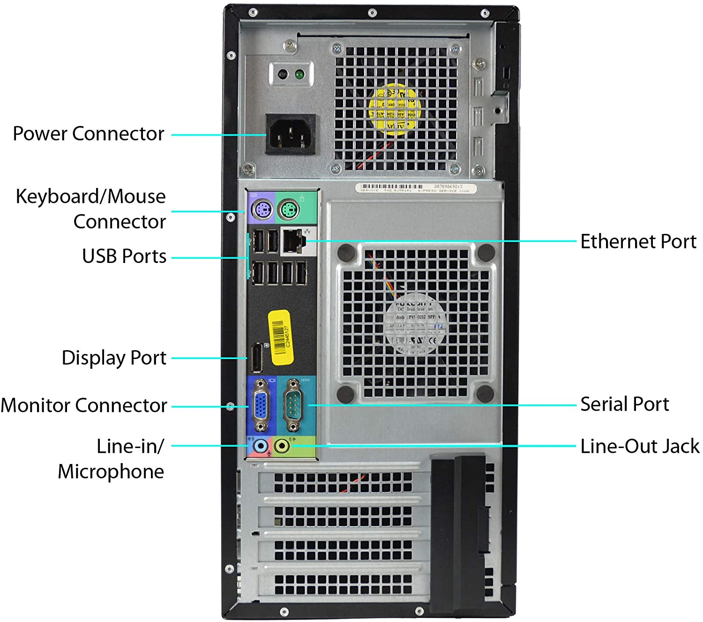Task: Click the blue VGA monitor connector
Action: pos(261,405)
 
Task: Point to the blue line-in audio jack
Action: pos(260,445)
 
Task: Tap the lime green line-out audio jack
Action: pos(282,445)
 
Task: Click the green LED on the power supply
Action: pos(299,74)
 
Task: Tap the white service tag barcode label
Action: pos(416,188)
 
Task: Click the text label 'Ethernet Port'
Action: pos(638,241)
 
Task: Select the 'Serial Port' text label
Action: pos(624,404)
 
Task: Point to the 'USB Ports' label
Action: pos(124,256)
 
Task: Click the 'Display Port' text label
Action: pos(114,358)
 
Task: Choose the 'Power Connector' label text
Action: pos(88,134)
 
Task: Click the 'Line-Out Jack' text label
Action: pos(639,446)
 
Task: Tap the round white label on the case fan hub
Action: pos(415,323)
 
